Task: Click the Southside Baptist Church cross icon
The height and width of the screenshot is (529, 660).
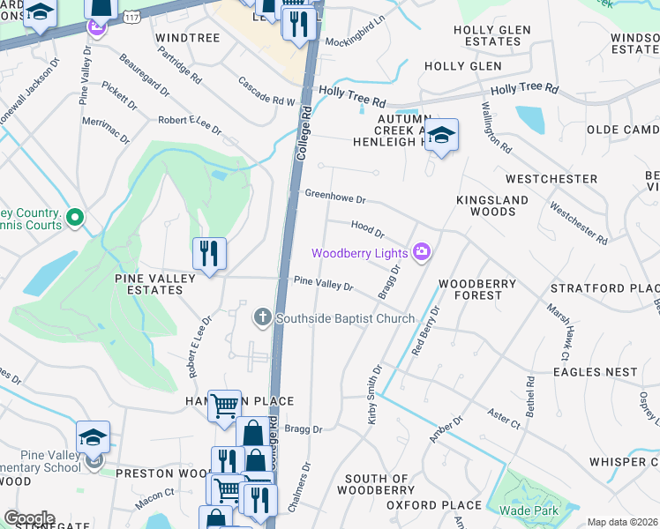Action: [x=261, y=317]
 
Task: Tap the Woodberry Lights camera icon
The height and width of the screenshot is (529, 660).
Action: [x=422, y=253]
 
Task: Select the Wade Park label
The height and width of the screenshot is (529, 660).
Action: [x=527, y=510]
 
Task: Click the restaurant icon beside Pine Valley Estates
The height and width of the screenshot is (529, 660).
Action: [x=209, y=254]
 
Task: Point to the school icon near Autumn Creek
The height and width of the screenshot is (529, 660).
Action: [x=443, y=135]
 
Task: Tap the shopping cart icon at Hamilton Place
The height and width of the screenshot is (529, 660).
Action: [x=225, y=406]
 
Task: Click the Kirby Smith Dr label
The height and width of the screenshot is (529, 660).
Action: [x=374, y=395]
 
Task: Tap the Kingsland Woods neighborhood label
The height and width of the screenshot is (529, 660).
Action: [x=492, y=206]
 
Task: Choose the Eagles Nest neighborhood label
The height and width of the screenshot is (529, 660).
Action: [x=595, y=373]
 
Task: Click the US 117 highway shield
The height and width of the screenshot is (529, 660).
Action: [x=131, y=16]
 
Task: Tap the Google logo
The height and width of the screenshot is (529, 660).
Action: [x=29, y=518]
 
